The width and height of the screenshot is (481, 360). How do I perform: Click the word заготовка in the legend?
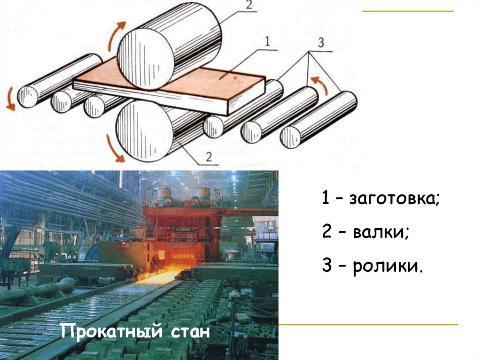click(x=395, y=199)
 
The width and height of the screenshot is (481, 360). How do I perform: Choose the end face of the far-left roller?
click(x=28, y=96)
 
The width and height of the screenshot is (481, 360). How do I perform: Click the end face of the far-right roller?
click(x=290, y=137)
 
